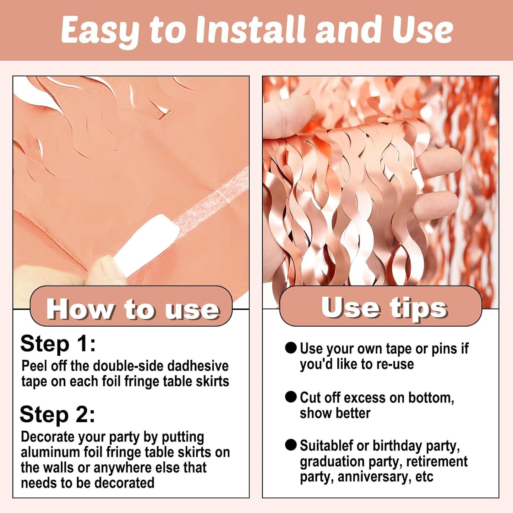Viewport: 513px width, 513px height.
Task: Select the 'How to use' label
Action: (132, 309)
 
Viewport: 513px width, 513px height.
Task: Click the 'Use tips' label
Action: (384, 307)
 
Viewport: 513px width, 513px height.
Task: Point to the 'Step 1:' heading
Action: (58, 344)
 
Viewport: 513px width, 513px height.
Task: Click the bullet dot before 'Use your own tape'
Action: (291, 348)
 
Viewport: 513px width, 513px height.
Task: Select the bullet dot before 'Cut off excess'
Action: (291, 397)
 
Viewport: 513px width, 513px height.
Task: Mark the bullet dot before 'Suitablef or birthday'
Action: (291, 445)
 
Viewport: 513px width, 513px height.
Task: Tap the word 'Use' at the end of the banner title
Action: (425, 29)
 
